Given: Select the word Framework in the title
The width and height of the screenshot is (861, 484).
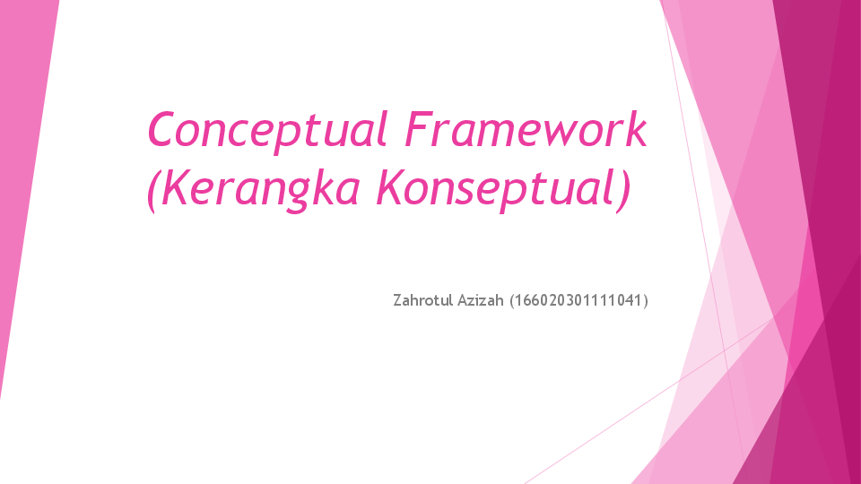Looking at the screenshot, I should coord(525,130).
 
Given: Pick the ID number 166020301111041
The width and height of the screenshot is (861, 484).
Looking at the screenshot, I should coord(578,299).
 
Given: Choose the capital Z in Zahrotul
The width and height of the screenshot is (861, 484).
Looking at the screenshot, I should coord(397,299).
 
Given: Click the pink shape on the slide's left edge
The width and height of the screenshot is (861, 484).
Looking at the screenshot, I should coord(22,179).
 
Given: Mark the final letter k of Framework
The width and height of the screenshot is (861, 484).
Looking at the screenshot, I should coord(636,130).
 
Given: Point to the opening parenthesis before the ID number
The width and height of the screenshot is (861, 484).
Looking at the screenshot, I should coord(512,299).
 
